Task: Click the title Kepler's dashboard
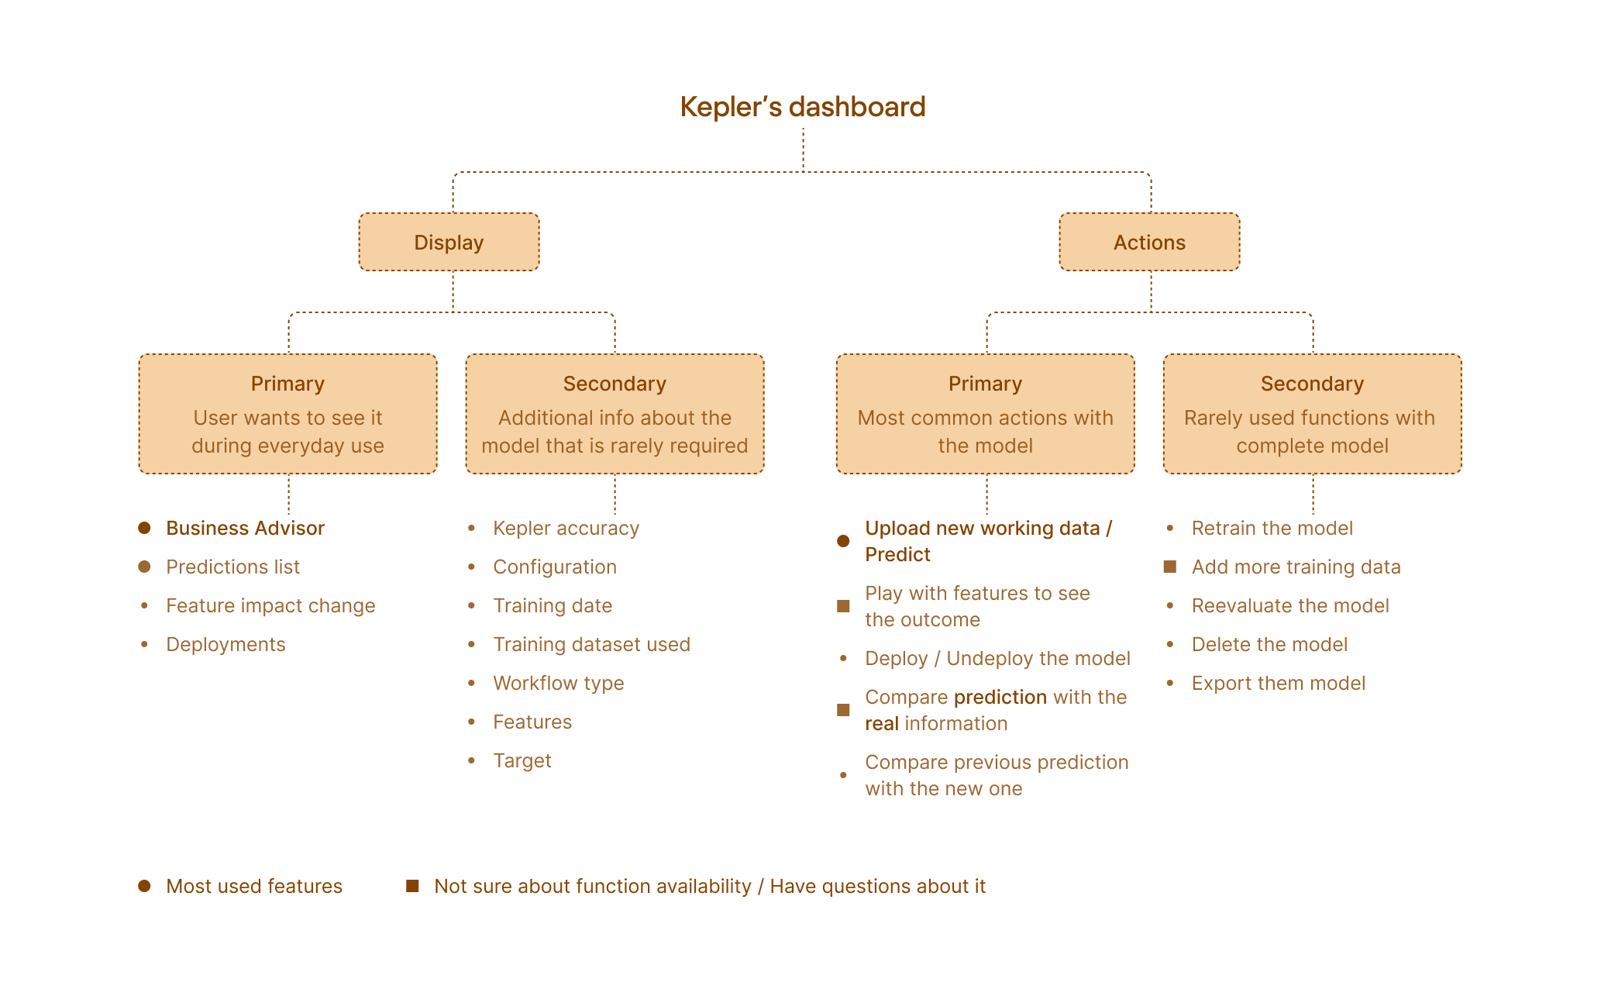803,107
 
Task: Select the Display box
449,243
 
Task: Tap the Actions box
1149,243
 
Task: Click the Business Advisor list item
245,529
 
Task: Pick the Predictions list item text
232,567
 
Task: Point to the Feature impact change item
270,606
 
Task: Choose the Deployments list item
226,645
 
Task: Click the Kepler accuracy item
566,529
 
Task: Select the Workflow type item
558,684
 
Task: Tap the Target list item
522,761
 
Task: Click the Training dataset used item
591,645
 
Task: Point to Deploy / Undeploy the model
997,659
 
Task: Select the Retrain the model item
1272,529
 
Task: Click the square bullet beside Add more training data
1170,567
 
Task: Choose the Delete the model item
1269,645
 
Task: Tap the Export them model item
1279,684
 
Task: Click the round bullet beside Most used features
145,886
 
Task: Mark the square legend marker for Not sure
413,886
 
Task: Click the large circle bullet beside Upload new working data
844,541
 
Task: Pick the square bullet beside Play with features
844,606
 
